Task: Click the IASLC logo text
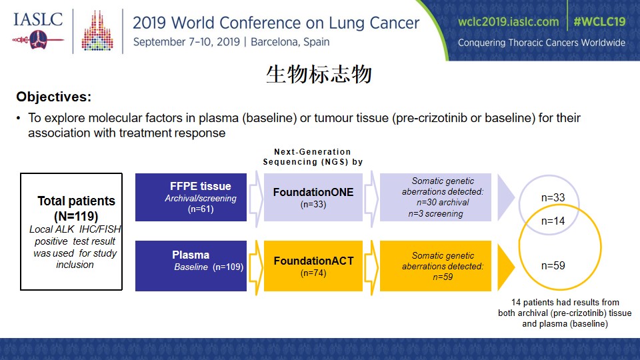click(x=38, y=19)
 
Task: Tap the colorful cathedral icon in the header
click(x=97, y=31)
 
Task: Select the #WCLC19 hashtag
click(x=599, y=21)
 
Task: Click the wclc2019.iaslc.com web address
click(x=508, y=21)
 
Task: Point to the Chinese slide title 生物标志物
click(x=319, y=74)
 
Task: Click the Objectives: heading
click(x=54, y=97)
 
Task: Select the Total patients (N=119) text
click(x=76, y=208)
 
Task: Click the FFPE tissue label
click(x=201, y=186)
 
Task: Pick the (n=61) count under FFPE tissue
click(x=201, y=209)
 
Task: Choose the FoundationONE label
click(x=313, y=192)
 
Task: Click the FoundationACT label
click(x=313, y=261)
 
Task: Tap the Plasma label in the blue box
click(x=191, y=255)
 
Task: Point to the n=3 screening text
click(x=435, y=213)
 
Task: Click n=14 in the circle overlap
click(x=553, y=221)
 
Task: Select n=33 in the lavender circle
click(x=553, y=197)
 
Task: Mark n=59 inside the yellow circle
click(x=553, y=266)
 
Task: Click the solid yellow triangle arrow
click(x=505, y=266)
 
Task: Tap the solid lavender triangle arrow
click(x=505, y=197)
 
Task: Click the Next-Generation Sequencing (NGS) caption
click(x=313, y=157)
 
